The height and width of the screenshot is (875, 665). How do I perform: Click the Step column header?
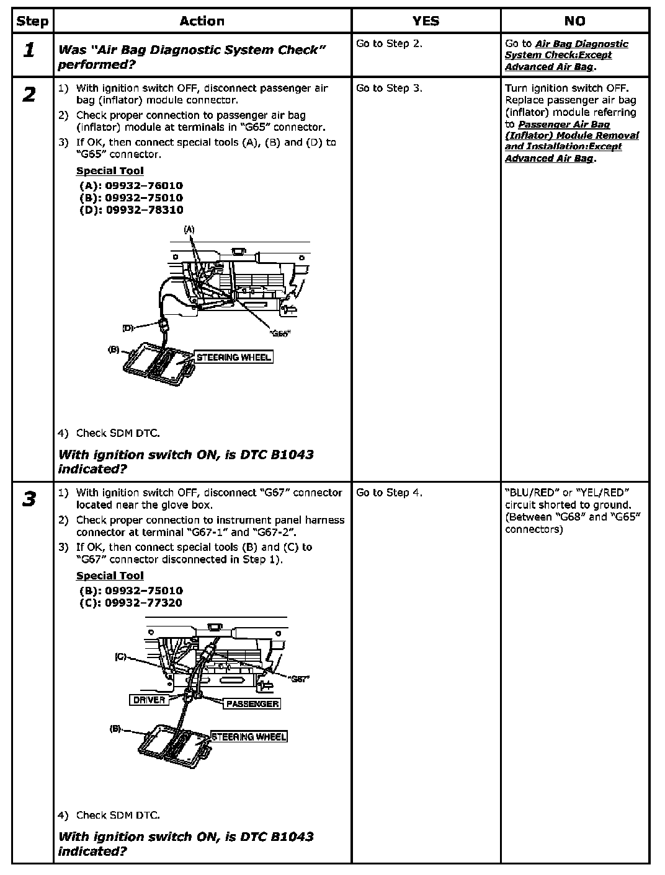pyautogui.click(x=32, y=21)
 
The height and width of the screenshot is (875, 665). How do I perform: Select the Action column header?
pyautogui.click(x=202, y=21)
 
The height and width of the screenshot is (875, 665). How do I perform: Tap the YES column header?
pyautogui.click(x=426, y=21)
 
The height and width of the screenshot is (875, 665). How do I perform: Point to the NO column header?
pyautogui.click(x=574, y=21)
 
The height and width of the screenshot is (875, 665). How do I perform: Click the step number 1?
pyautogui.click(x=29, y=51)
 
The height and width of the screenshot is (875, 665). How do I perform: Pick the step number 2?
pyautogui.click(x=29, y=95)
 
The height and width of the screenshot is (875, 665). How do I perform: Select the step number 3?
pyautogui.click(x=29, y=499)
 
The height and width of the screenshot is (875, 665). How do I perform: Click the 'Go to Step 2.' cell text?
pyautogui.click(x=389, y=44)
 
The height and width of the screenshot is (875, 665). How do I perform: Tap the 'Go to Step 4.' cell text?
pyautogui.click(x=389, y=493)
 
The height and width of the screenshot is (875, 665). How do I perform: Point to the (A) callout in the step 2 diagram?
pyautogui.click(x=189, y=229)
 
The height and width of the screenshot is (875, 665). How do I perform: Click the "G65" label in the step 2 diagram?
pyautogui.click(x=280, y=333)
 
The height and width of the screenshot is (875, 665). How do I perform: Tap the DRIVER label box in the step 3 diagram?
pyautogui.click(x=150, y=700)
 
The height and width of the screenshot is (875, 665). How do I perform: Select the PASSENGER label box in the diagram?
pyautogui.click(x=252, y=704)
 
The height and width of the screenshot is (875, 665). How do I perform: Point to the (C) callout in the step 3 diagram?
pyautogui.click(x=120, y=656)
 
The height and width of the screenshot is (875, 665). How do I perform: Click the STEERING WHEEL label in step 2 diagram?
pyautogui.click(x=233, y=358)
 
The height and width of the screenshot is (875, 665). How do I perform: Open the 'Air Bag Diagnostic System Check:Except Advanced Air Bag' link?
pyautogui.click(x=566, y=55)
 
